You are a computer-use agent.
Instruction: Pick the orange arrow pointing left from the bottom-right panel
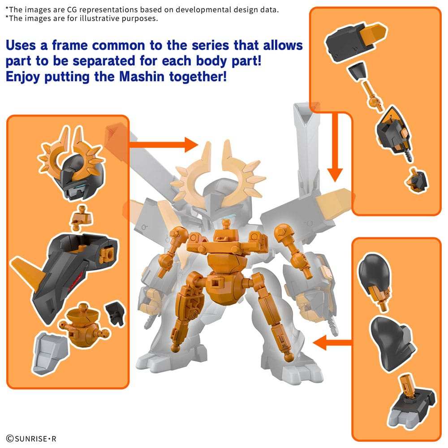point(332,344)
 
